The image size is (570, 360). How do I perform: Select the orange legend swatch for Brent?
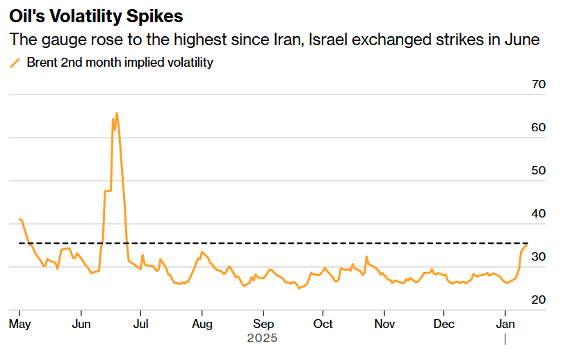coord(15,63)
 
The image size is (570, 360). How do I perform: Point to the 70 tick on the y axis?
coord(538,84)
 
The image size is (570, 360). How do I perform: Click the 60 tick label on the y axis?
coord(538,127)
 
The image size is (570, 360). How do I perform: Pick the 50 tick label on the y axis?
coord(538,170)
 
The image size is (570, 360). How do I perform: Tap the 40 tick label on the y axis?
coord(538,213)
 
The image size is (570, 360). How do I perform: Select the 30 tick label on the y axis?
coord(538,256)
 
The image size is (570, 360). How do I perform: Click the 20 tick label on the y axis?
coord(538,300)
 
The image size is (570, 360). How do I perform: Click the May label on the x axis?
coord(20,324)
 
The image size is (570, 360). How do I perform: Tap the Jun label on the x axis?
coord(81,324)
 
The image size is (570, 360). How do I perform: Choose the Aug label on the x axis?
coord(202,324)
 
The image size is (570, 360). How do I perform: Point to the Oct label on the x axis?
coord(323,324)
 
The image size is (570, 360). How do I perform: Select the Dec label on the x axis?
coord(443,324)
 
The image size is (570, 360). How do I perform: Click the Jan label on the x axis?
coord(505,324)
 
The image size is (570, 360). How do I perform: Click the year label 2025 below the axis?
coord(262,338)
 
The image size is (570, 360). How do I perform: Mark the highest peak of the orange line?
coord(116,113)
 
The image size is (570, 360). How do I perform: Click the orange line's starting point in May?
coord(20,219)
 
